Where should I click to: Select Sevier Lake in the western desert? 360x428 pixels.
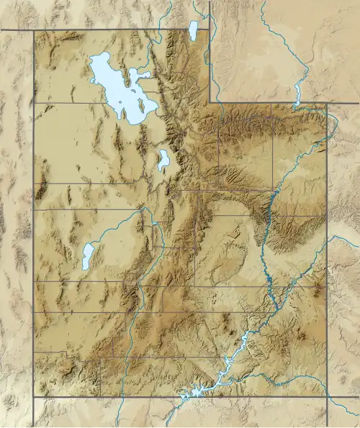tap(88, 256)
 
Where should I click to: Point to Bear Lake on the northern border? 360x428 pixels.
tap(193, 29)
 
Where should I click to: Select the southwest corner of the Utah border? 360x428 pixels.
tap(33, 396)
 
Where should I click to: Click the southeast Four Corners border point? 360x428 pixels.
tap(327, 396)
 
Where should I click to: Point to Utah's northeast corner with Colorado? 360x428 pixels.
tap(328, 103)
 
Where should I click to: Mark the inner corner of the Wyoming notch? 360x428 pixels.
tap(210, 102)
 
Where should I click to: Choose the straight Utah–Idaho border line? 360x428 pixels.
tap(108, 30)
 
